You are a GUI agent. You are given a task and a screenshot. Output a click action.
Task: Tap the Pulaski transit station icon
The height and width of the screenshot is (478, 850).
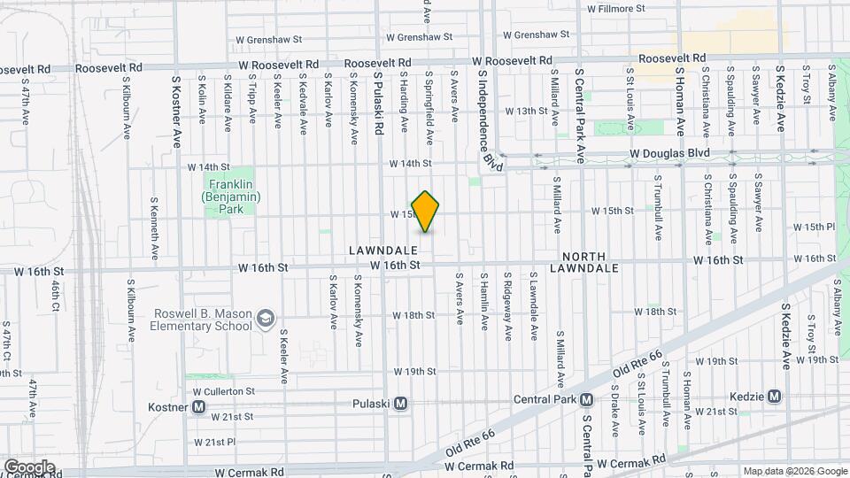click(x=401, y=404)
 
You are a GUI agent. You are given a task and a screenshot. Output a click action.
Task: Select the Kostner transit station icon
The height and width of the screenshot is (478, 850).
click(x=199, y=407)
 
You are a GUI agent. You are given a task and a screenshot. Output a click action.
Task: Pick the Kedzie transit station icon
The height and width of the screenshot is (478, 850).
click(x=774, y=396)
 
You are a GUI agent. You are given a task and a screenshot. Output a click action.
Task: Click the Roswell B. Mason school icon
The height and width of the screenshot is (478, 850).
click(x=264, y=317)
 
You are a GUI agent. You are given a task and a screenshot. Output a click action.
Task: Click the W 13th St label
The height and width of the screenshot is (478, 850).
click(x=527, y=111)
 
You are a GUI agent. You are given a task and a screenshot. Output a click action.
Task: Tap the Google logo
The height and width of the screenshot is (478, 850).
click(x=28, y=466)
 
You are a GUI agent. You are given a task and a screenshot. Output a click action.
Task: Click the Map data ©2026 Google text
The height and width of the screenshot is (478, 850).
click(x=793, y=470)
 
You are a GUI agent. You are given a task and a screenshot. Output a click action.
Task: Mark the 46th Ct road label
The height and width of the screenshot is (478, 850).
click(x=56, y=297)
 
